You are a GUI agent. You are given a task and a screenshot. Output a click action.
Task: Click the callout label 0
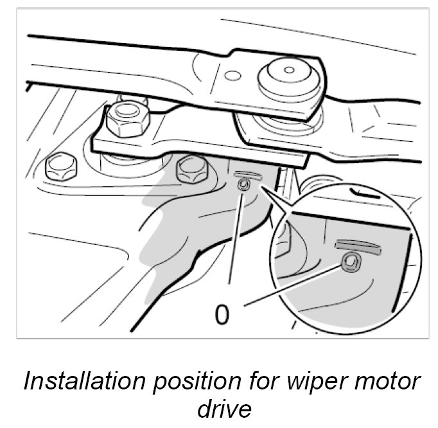(x=222, y=315)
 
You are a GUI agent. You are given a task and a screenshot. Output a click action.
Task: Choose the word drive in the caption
(x=220, y=409)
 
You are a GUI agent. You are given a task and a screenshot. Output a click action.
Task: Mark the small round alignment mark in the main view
(x=244, y=186)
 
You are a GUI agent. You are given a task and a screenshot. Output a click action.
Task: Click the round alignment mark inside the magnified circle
(x=351, y=259)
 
